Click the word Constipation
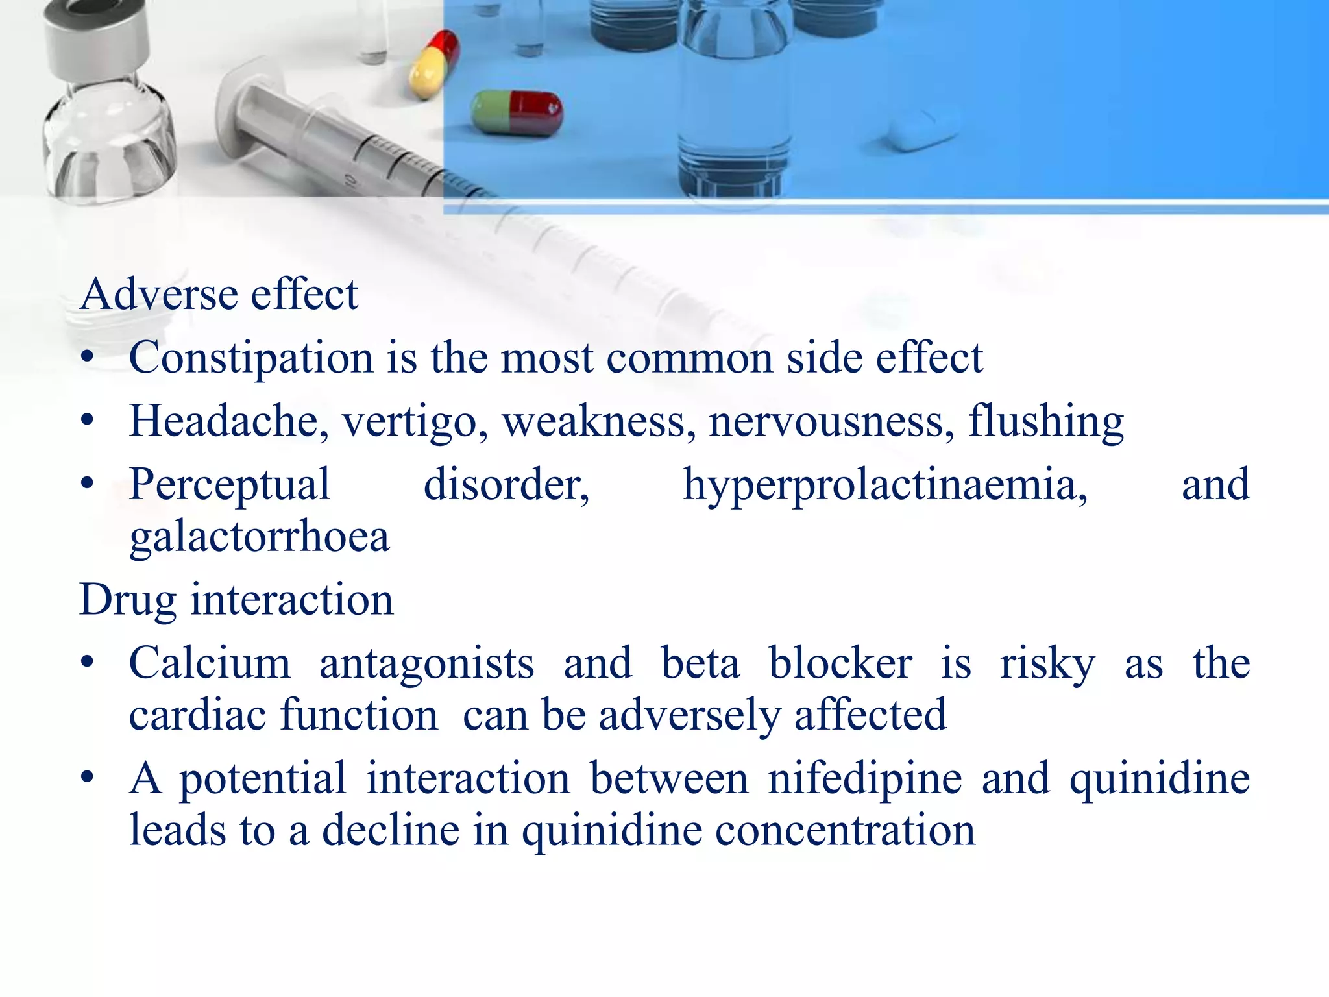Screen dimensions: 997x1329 click(x=251, y=358)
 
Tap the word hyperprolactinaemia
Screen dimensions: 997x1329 click(x=885, y=486)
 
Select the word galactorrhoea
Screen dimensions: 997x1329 click(x=260, y=537)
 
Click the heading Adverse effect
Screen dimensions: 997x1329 click(x=219, y=294)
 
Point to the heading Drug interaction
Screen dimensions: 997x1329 click(x=236, y=599)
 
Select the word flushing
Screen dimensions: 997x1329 click(x=1045, y=421)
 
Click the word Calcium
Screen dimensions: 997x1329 click(x=210, y=663)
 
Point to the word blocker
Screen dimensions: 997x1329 click(x=840, y=663)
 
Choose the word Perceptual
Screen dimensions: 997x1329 click(x=230, y=486)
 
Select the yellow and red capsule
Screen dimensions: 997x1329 click(x=433, y=65)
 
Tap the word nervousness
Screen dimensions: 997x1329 click(x=831, y=421)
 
